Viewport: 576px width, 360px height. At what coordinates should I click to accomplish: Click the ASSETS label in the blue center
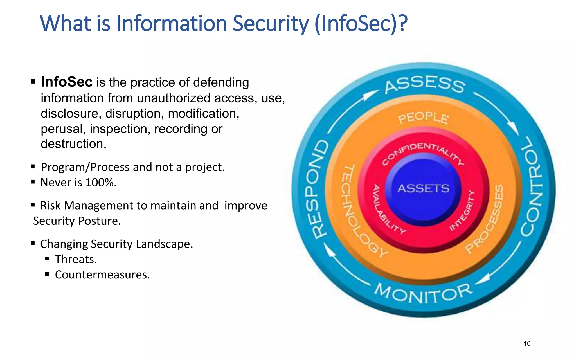pos(423,188)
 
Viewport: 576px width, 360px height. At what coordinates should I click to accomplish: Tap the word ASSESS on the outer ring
pos(425,84)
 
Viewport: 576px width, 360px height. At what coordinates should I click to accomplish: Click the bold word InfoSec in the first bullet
pos(67,82)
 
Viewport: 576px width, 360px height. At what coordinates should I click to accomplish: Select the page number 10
pos(527,343)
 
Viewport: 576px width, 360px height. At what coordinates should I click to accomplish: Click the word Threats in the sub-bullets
pos(76,259)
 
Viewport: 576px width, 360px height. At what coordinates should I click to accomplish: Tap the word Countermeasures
pos(102,275)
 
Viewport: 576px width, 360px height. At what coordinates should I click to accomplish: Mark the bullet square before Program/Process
pos(33,166)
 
